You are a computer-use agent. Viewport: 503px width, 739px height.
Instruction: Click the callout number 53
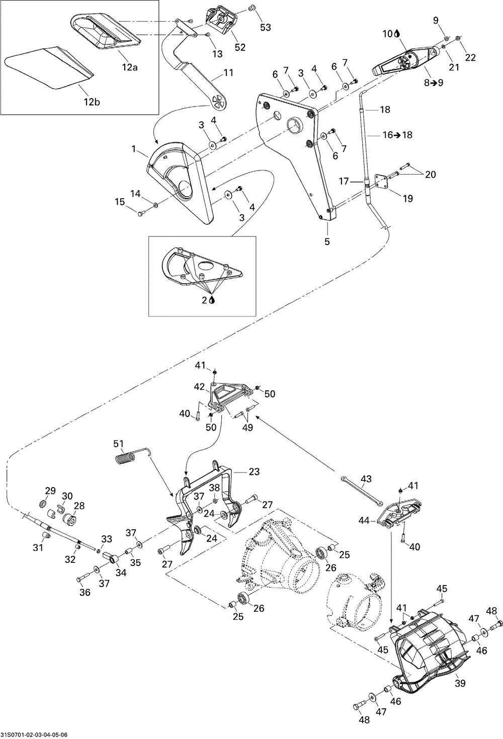pos(265,27)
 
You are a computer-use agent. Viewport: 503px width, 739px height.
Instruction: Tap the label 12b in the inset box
pos(92,102)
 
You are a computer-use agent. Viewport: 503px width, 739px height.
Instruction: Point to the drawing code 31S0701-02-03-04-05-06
pos(34,734)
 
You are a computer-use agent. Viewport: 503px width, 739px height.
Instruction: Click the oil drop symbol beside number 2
pos(212,299)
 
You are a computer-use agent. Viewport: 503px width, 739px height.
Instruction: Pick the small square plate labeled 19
pos(383,183)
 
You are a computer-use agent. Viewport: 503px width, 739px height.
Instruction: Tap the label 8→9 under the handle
pos(434,83)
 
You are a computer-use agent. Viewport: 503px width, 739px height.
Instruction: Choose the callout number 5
pos(327,241)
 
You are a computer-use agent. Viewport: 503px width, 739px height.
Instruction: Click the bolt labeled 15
pos(141,214)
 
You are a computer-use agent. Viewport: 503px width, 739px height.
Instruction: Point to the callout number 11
pos(228,72)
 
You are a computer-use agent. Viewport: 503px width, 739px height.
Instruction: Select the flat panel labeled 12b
pos(49,67)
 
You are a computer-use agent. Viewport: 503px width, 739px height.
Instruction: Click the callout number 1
pos(134,149)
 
